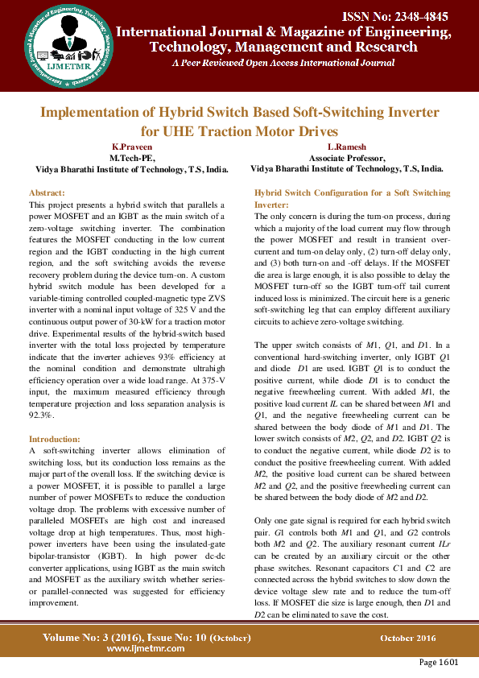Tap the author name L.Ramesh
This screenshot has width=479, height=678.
347,147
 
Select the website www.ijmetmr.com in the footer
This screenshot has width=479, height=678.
142,648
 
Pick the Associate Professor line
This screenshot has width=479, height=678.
347,159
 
